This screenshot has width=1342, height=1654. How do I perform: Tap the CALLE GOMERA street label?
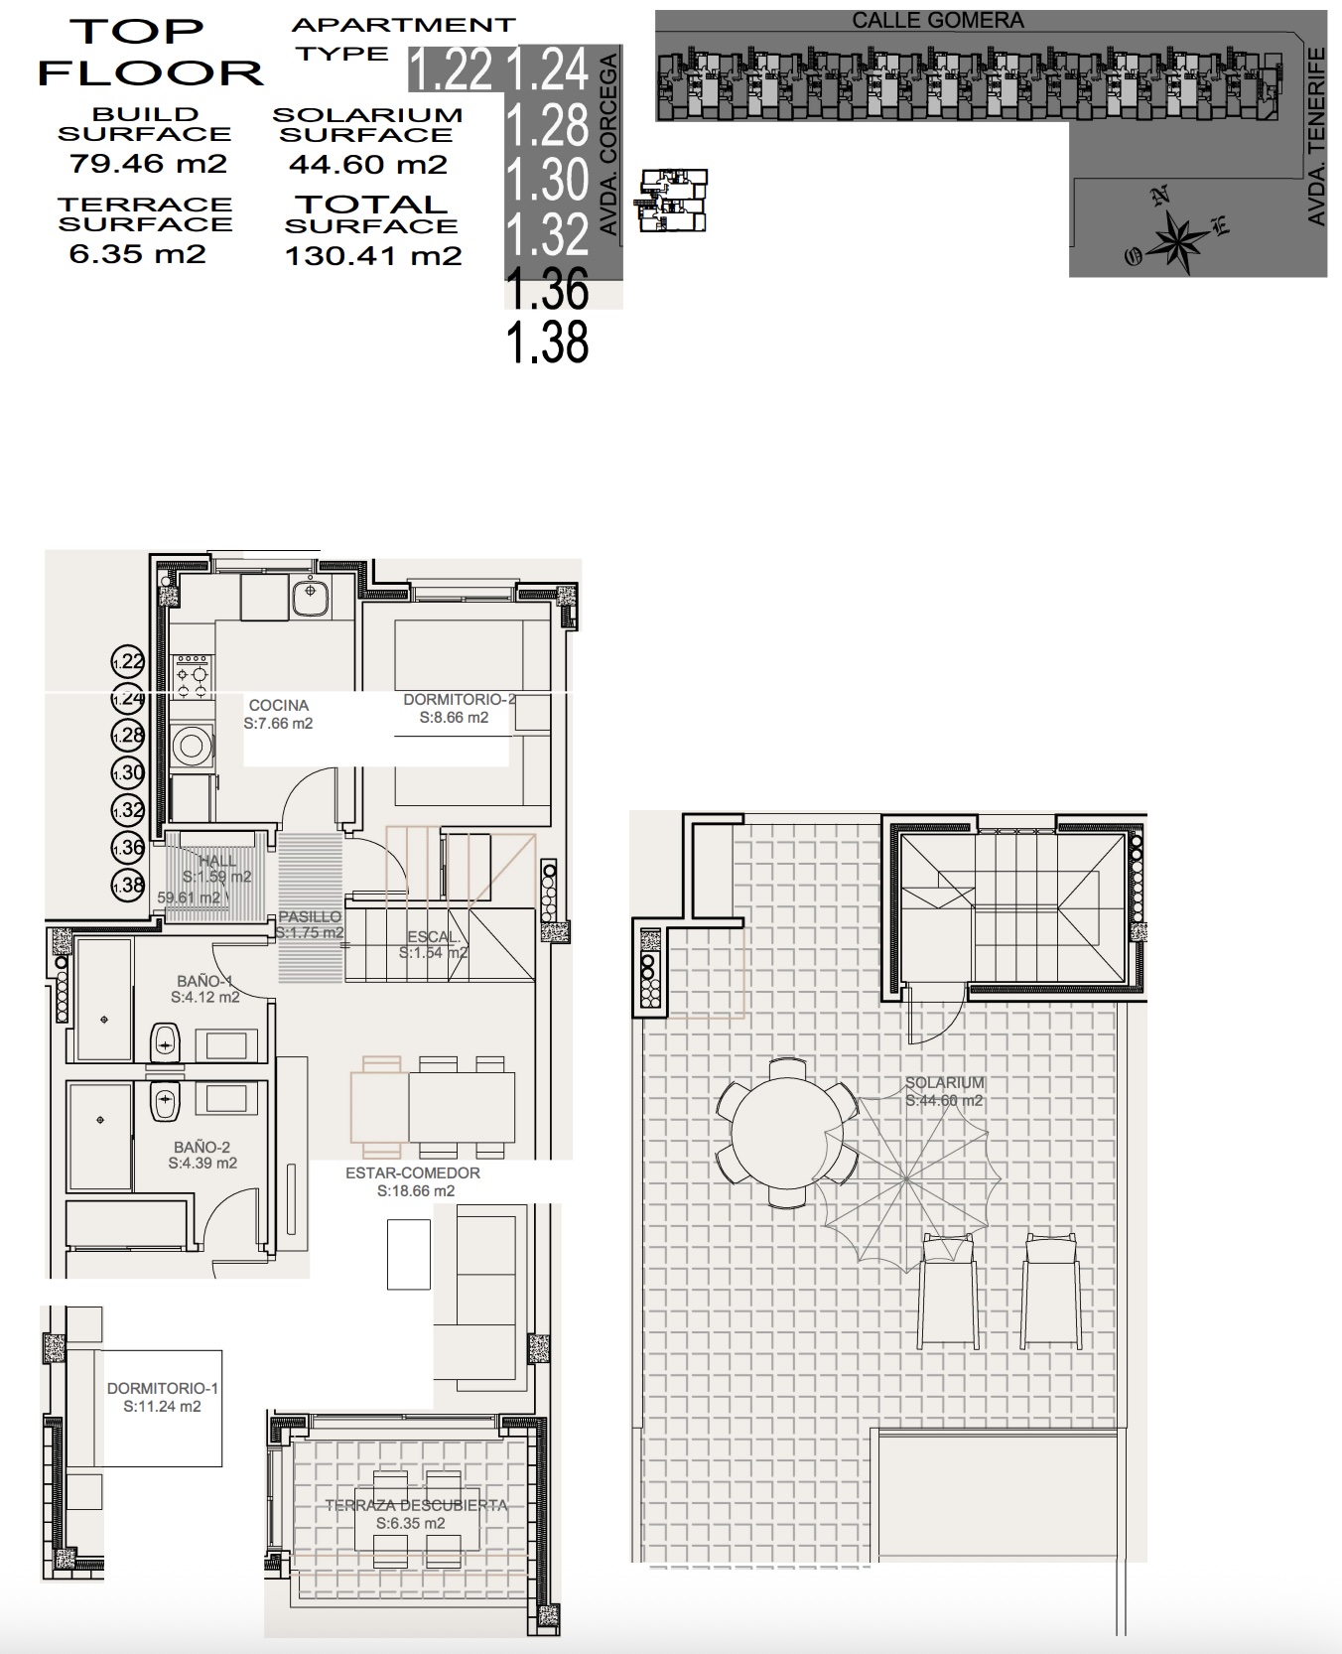point(937,20)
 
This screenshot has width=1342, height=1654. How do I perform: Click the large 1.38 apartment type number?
point(547,343)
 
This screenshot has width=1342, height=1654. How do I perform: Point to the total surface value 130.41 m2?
point(373,256)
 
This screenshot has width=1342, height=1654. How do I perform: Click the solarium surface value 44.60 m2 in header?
point(368,165)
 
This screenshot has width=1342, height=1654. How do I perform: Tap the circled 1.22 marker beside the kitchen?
point(128,661)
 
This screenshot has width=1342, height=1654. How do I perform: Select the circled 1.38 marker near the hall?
point(128,885)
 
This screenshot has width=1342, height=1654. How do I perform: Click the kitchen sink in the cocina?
point(311,593)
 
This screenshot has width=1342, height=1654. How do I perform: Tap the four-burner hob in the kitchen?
point(193,675)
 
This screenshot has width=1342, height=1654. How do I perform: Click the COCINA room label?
point(278,705)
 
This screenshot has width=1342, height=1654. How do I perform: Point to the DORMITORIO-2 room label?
point(458,700)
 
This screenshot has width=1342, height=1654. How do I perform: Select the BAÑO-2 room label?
point(201,1147)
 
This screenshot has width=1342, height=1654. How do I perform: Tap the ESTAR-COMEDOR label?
point(413,1173)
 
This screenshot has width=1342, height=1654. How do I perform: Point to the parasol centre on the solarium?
point(906,1179)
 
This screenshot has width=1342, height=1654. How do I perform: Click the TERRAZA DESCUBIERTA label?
point(416,1505)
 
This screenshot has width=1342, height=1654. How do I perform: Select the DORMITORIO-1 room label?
point(162,1388)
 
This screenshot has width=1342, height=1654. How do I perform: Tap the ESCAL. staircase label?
point(434,936)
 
